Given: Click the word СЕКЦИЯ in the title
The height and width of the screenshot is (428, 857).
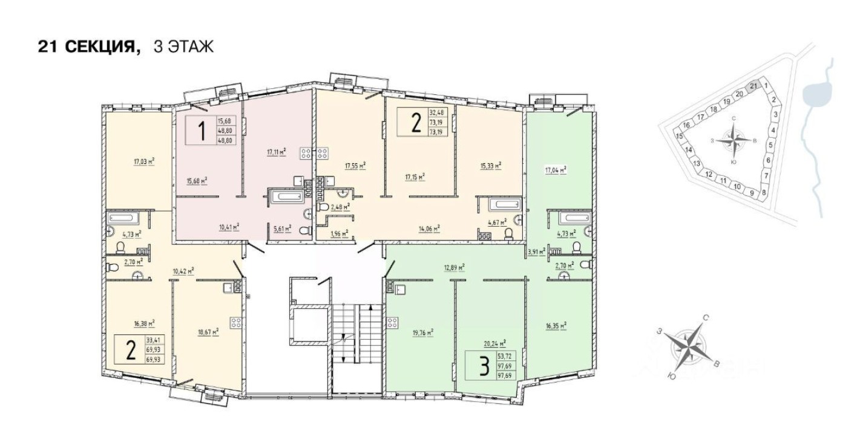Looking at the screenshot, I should click(x=98, y=47).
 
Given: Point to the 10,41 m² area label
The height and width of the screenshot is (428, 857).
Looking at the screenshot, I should click(x=229, y=227).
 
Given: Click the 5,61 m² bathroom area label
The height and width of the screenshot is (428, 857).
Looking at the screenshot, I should click(x=282, y=229).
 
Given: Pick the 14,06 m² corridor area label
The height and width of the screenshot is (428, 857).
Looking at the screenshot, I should click(x=429, y=229).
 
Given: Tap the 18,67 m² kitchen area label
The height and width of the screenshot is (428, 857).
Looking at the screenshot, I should click(x=208, y=331).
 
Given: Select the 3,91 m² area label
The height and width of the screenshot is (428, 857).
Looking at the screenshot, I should click(x=536, y=250).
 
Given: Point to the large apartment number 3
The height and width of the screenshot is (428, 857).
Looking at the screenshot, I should click(x=482, y=367).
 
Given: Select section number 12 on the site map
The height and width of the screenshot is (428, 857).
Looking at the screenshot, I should click(x=709, y=173).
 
